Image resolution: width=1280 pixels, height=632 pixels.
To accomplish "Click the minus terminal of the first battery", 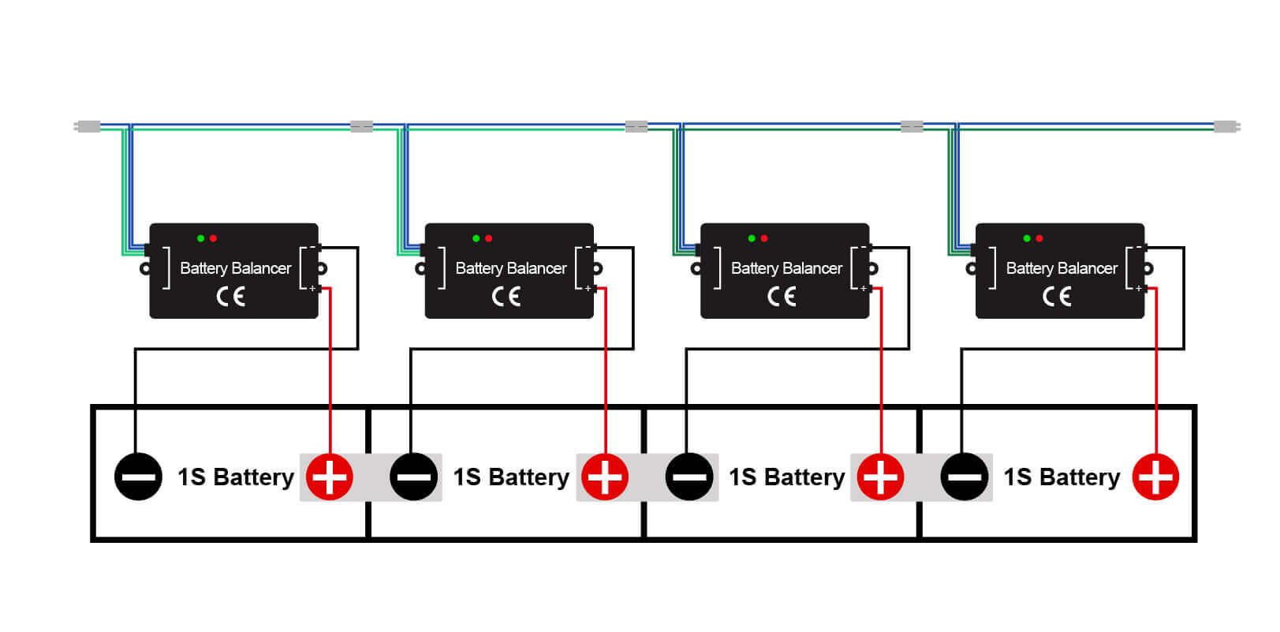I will (138, 477).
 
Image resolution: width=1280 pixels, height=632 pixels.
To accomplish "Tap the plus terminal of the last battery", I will (1155, 477).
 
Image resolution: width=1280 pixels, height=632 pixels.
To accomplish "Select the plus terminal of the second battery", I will (605, 477).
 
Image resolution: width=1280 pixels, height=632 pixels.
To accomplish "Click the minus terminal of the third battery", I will (689, 477).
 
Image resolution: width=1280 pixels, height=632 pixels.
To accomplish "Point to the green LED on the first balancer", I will (200, 238).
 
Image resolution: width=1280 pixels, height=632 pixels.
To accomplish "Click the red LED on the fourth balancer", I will (1039, 238).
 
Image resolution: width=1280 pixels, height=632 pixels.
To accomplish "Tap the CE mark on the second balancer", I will (506, 297).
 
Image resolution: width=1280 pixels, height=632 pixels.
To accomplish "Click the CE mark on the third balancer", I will (782, 297).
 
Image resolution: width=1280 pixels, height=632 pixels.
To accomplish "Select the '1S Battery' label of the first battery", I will (235, 477).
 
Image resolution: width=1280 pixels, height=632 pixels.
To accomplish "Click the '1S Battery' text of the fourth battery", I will (1062, 477).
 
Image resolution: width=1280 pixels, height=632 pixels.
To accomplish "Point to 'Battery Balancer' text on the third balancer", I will (786, 268).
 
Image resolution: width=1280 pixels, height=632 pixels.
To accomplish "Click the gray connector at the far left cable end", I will (88, 126).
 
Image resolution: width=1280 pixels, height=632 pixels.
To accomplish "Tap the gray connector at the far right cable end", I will (1225, 126).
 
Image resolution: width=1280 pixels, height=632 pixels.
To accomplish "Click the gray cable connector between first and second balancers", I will (361, 126).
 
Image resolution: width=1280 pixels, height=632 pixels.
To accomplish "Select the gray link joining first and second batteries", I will (371, 477).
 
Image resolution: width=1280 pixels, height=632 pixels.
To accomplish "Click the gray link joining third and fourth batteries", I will (920, 477).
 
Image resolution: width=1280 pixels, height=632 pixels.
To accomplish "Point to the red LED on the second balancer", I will (489, 238).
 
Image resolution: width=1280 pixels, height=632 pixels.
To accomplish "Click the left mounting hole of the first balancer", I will (145, 268).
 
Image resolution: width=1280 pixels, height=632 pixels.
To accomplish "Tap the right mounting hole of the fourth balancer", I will (1148, 268).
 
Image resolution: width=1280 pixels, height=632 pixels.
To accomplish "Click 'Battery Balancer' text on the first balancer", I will (235, 268).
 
